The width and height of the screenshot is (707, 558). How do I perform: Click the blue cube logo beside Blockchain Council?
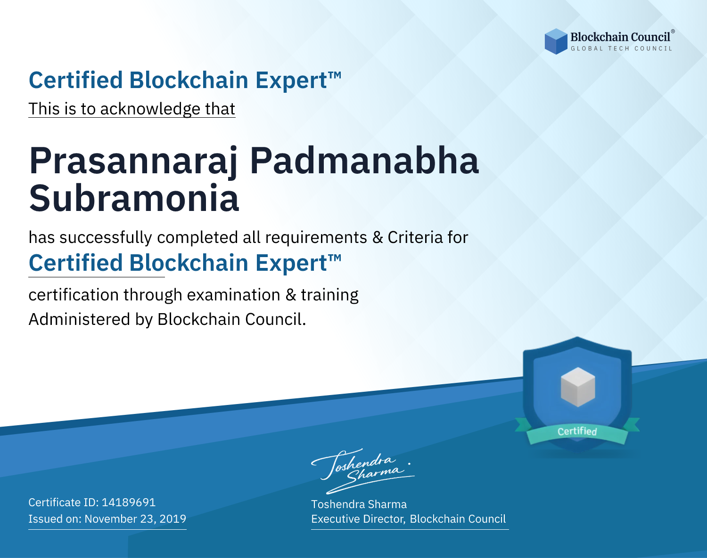pos(556,41)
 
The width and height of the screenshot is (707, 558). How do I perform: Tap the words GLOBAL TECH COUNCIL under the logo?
pos(622,49)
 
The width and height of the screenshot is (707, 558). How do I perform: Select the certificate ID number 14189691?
pos(129,502)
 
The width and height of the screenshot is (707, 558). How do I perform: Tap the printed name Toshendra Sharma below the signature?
pos(359,504)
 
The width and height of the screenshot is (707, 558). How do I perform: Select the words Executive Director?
pos(358,519)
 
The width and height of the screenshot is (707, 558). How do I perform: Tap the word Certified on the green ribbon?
pos(577,431)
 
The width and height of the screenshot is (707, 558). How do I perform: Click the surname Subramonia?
pos(134,198)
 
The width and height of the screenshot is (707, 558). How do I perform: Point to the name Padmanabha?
pos(364,161)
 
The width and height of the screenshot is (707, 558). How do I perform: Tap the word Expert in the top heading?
pos(291,81)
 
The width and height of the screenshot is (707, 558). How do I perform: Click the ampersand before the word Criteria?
pos(378,237)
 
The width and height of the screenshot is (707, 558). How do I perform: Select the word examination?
pos(234,294)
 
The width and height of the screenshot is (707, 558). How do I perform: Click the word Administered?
pos(79,319)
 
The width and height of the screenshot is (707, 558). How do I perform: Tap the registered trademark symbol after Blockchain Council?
pos(673,32)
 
